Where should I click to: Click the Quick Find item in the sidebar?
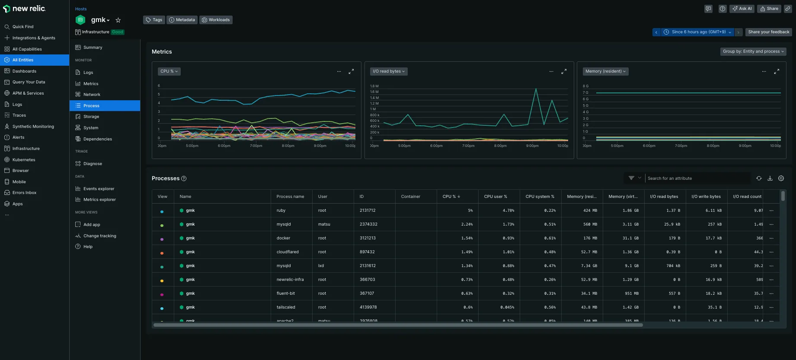pos(23,27)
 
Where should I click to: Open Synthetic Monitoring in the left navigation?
pos(33,127)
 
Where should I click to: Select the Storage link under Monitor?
pos(91,117)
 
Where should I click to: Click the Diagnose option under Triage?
pos(93,164)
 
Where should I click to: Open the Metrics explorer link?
pos(99,200)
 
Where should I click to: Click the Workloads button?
pos(216,20)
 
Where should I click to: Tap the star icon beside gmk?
pos(118,20)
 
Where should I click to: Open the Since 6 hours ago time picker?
pos(697,32)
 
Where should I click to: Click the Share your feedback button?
pos(768,32)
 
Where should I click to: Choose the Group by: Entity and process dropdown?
pos(753,51)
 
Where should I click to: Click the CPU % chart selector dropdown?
pos(169,71)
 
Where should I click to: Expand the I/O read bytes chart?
pos(564,71)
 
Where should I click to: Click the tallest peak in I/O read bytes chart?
pos(536,89)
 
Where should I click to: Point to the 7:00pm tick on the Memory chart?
pos(681,146)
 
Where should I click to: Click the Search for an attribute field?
pos(697,178)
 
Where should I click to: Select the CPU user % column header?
pos(496,197)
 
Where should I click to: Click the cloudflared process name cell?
pos(288,252)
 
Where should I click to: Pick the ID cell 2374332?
pos(368,224)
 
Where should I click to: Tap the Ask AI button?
pos(742,9)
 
